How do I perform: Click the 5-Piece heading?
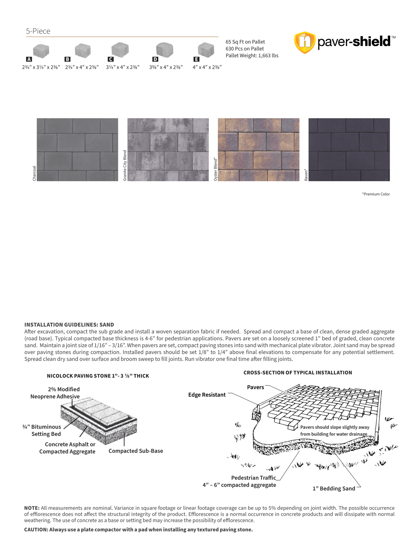point(38,31)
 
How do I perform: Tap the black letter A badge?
point(29,59)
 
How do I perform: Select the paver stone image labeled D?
point(165,49)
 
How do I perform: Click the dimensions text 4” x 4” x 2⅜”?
point(207,67)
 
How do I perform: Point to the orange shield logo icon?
point(305,42)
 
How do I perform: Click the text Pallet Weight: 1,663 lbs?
point(252,55)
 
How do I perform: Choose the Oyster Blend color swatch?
point(258,150)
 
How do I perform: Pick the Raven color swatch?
point(349,150)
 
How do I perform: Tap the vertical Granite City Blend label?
point(125,166)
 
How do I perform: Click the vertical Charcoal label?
point(34,173)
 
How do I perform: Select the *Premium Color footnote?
point(376,194)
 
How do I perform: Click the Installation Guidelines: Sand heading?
point(69,325)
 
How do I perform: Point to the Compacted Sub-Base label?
point(136,451)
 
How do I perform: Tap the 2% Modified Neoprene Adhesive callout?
point(55,393)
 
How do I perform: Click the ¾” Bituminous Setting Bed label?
point(42,430)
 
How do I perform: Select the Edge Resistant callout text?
point(207,395)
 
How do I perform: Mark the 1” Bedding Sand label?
point(334,488)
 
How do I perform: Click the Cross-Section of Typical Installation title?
point(298,373)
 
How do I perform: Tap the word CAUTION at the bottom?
point(36,529)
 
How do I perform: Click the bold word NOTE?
point(31,508)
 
